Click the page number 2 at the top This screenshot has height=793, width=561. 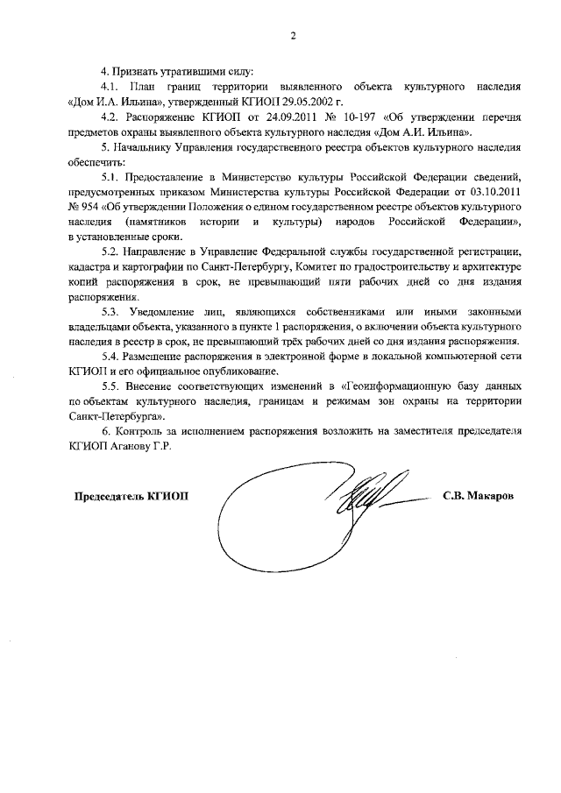pos(293,36)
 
